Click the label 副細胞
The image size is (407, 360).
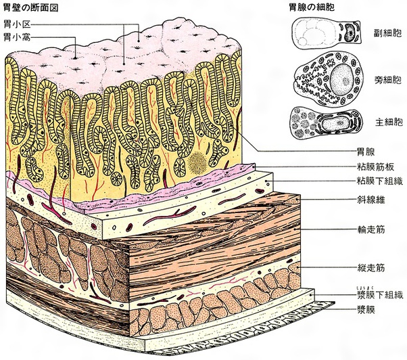386,32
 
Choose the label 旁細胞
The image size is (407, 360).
386,81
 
